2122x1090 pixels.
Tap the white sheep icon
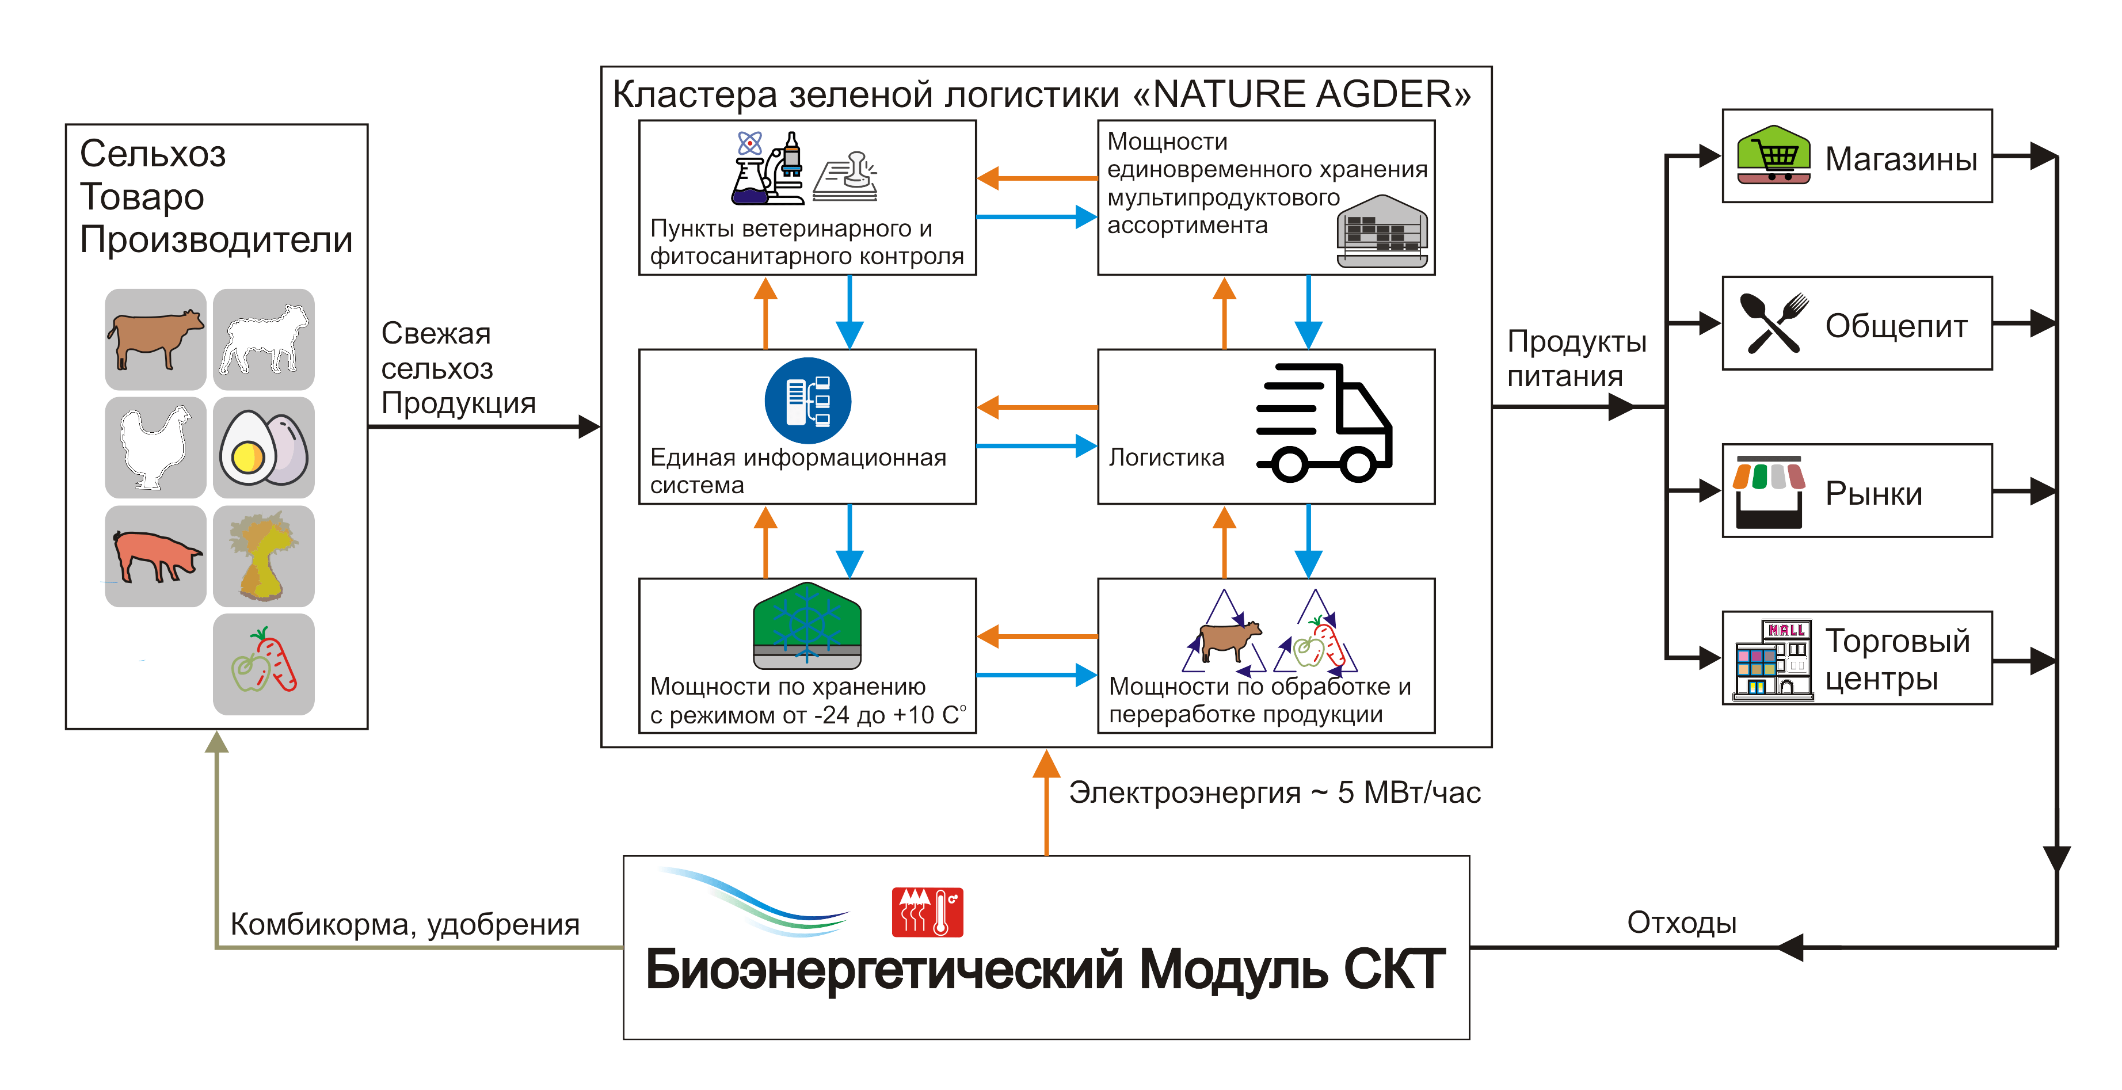tap(264, 338)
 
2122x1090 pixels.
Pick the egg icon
tap(264, 447)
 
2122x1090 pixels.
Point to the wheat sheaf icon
tap(264, 555)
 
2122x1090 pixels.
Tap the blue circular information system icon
tap(807, 401)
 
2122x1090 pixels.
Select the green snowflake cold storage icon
tap(807, 626)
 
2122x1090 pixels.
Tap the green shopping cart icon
tap(1773, 155)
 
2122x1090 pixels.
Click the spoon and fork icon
tap(1773, 323)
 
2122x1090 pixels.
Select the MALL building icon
tap(1773, 659)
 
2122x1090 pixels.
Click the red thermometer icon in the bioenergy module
tap(928, 912)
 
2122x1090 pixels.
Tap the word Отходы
tap(1681, 922)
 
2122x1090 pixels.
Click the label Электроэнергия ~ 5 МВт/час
tap(1274, 792)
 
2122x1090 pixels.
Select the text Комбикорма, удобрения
tap(405, 924)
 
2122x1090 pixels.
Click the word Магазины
tap(1900, 159)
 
